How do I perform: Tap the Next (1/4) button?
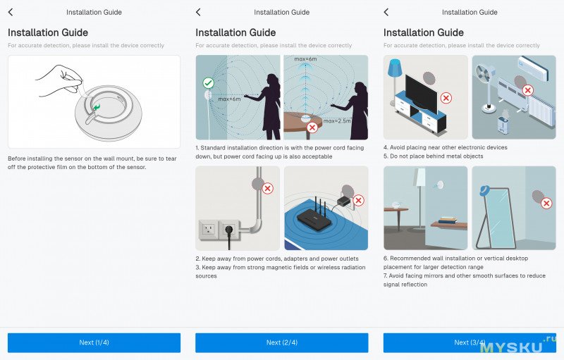pos(94,342)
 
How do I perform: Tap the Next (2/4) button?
pos(281,342)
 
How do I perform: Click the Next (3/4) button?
pos(470,342)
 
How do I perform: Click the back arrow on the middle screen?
pos(198,12)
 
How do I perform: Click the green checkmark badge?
pos(208,83)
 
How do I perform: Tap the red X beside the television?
pos(446,98)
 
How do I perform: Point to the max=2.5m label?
pos(337,121)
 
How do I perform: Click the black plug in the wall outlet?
pos(229,232)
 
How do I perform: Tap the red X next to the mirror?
pos(546,204)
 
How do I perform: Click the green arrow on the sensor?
pos(97,106)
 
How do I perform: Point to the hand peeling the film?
pos(59,80)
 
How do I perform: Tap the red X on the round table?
pos(312,127)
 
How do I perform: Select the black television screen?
pos(421,91)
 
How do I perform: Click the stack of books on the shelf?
pos(448,220)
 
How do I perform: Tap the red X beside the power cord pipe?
pos(268,188)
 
